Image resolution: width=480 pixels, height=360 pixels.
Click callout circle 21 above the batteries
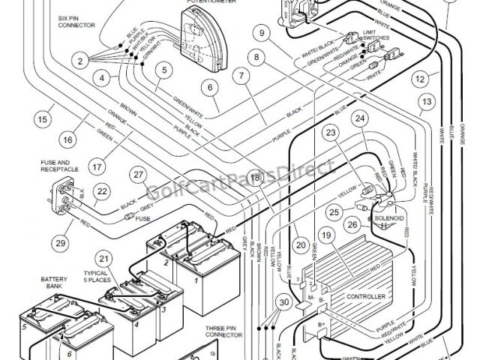(105, 259)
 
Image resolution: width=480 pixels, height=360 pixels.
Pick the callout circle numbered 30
(283, 302)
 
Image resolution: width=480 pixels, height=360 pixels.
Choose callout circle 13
(427, 102)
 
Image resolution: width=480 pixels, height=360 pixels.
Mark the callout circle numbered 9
(261, 32)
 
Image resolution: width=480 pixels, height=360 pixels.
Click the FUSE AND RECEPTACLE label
(55, 166)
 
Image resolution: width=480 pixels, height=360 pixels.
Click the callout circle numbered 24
(361, 118)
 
